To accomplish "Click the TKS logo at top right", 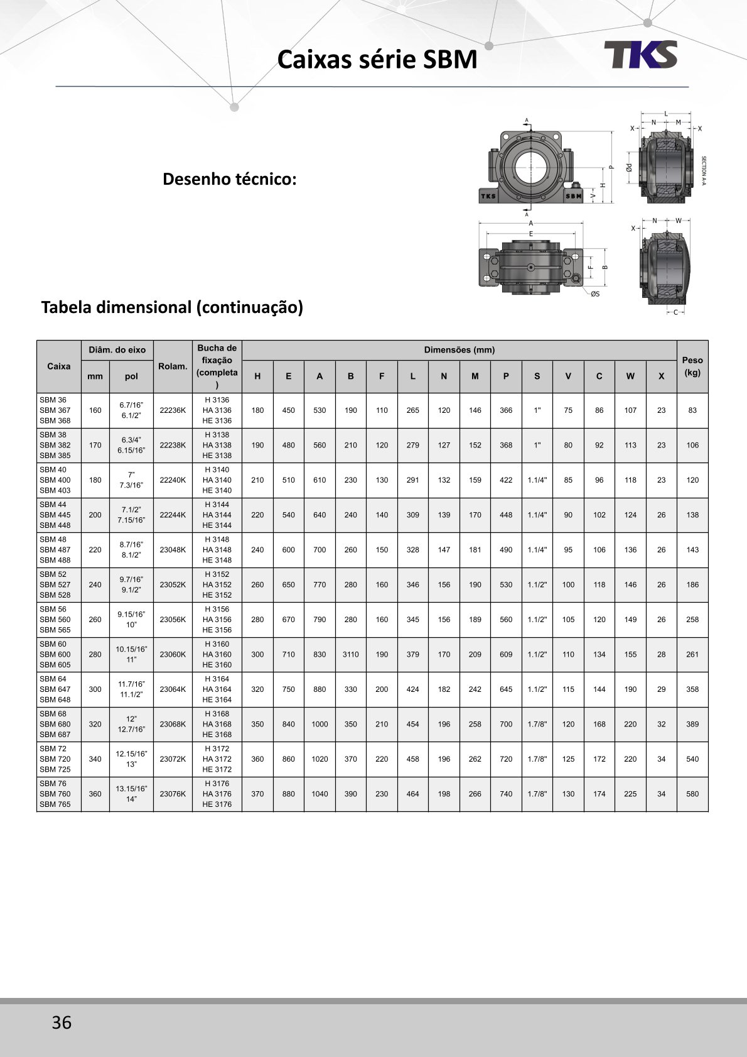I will tap(640, 55).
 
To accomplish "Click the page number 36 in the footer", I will tap(62, 1022).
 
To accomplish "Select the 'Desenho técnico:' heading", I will tap(229, 179).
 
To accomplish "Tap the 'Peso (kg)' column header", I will tap(692, 366).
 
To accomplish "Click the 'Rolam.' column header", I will tap(173, 366).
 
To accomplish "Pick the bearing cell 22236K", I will tap(173, 410).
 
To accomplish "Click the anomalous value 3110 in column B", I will tap(350, 654).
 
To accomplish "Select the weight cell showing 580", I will tap(692, 794).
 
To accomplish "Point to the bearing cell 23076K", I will tap(173, 794).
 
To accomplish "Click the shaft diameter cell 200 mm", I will tap(95, 515).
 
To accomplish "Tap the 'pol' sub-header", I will tap(131, 376).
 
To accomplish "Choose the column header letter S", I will tap(537, 376).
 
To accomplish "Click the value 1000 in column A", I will tap(320, 724).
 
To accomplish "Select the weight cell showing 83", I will tap(692, 410).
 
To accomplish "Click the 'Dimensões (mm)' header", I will tap(459, 350).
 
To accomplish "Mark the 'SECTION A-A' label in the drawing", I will tap(704, 170).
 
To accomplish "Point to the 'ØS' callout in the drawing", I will tap(594, 293).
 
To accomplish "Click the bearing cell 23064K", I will tap(173, 689).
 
